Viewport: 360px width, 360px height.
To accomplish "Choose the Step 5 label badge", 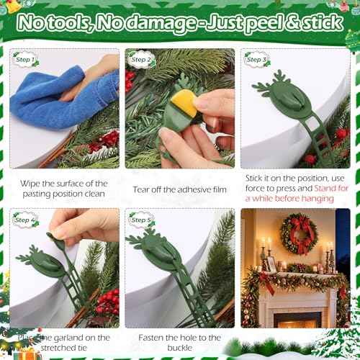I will pyautogui.click(x=140, y=220).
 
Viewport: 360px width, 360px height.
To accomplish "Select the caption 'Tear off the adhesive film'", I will pyautogui.click(x=176, y=189).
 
